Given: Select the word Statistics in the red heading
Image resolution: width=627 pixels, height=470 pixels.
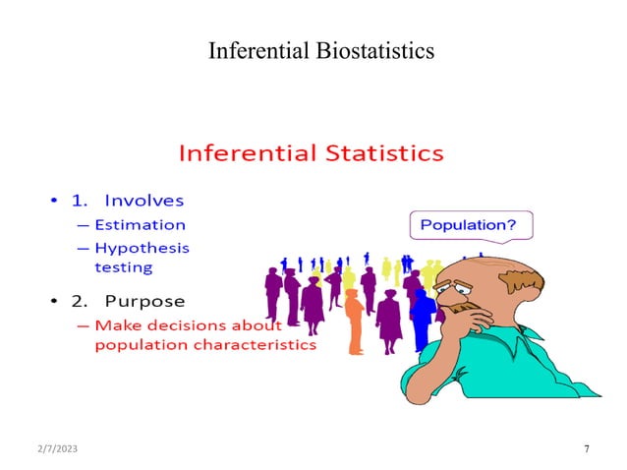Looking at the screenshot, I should coord(383,154).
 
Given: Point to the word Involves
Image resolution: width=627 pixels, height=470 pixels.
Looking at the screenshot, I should coord(143,200).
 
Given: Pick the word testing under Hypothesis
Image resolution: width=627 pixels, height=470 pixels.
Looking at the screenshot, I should coord(123,265).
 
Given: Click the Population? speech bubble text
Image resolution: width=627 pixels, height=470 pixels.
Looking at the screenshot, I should coord(468,225).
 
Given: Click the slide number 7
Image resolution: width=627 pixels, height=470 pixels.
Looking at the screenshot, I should coord(587,449).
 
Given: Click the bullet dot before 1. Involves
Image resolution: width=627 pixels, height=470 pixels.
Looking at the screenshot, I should coord(54,201).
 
